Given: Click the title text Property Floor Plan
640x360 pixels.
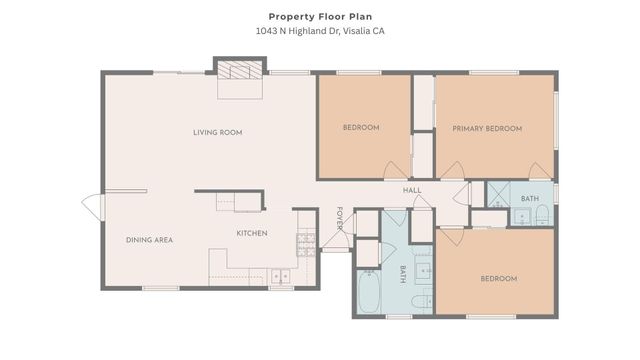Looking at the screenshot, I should point(319,16).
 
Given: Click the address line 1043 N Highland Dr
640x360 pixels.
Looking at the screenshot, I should point(319,31).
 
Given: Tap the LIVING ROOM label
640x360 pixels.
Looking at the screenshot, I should point(217,132).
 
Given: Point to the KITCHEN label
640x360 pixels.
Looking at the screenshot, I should point(251,233).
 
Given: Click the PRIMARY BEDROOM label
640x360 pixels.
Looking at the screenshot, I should point(487,128).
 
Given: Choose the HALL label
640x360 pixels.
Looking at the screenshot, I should point(412,190).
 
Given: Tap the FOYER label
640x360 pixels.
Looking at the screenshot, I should point(339,219).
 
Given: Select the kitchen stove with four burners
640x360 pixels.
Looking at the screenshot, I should point(305,242).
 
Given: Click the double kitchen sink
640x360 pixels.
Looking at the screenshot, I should point(281,276).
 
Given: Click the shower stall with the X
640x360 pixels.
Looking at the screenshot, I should point(498,193).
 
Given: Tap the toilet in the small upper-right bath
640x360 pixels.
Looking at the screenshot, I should point(523,216).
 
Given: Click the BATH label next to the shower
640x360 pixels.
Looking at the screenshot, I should point(529,198).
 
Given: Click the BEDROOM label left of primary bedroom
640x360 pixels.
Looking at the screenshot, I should point(360,127).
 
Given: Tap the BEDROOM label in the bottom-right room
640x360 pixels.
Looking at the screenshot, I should point(498,278).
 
